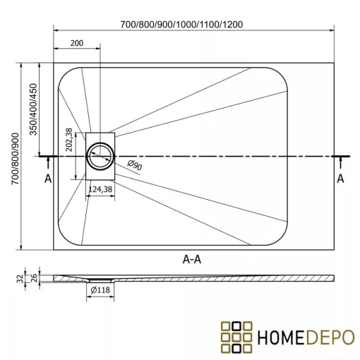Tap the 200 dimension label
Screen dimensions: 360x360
click(77, 44)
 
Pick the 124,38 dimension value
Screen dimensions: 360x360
click(100, 189)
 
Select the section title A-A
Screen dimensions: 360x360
click(193, 259)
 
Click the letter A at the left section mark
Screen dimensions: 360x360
click(48, 179)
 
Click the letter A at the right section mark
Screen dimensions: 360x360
click(340, 179)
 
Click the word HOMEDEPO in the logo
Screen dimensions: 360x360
click(304, 335)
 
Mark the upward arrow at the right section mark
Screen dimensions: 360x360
click(340, 164)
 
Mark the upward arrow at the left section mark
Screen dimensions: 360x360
click(48, 164)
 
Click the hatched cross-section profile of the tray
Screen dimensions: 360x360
click(212, 280)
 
